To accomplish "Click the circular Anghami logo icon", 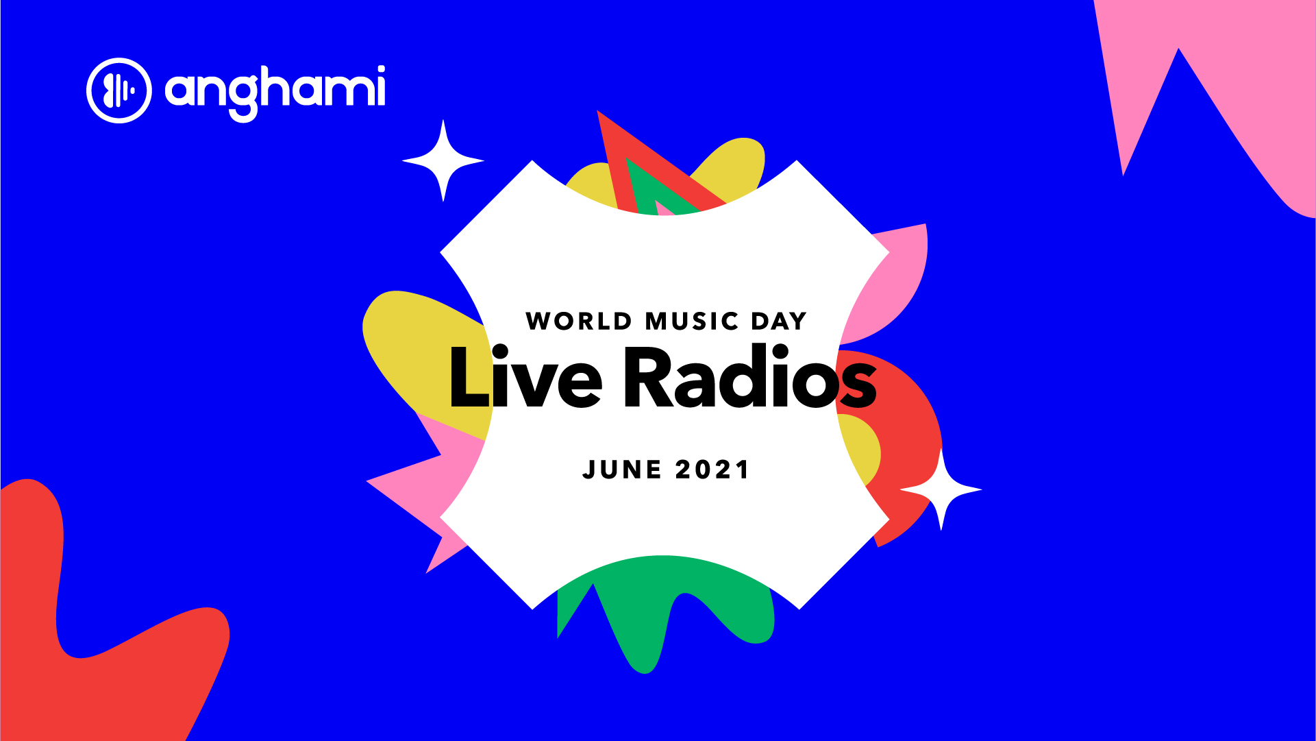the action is point(119,90).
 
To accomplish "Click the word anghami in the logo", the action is point(275,93).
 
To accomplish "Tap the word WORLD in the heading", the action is point(579,321).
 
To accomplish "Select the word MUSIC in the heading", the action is point(692,321).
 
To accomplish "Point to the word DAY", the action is point(779,321).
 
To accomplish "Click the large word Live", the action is point(525,376).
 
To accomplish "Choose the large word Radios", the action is point(750,376).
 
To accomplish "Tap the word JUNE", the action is point(622,470).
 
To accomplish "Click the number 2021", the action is point(712,470).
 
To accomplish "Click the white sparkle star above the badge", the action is point(443,161).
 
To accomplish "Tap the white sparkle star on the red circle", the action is point(941,489).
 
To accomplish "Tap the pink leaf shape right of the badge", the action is point(891,281).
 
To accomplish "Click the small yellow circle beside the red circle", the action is point(862,449).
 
